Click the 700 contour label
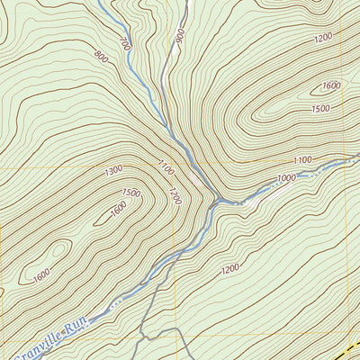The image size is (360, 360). [124, 43]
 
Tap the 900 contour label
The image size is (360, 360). [180, 36]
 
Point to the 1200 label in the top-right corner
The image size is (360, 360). [325, 39]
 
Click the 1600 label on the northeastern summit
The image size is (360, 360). [330, 85]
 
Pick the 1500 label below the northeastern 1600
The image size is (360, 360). [320, 108]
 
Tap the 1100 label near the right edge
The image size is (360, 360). [302, 159]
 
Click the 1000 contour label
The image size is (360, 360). [286, 178]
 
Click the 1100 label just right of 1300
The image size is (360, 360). [163, 167]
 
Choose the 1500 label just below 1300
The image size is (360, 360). [131, 193]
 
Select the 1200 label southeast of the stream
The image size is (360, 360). [230, 268]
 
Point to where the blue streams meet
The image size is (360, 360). [214, 203]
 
